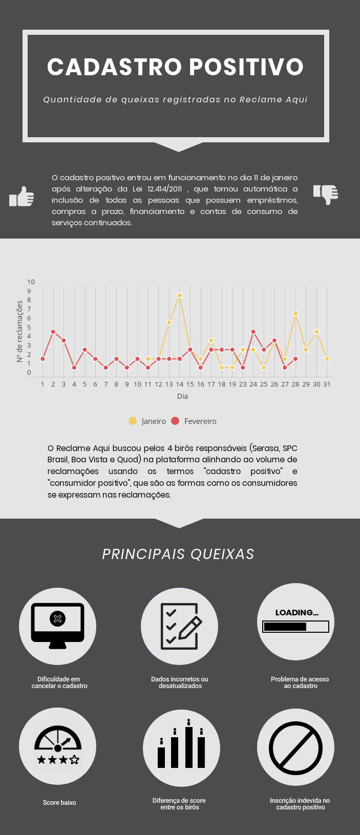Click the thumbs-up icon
(x=22, y=197)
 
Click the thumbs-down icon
(x=326, y=194)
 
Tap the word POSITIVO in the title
(x=246, y=67)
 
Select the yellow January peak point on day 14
(x=179, y=295)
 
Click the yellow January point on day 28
(x=295, y=313)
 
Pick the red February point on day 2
(x=53, y=332)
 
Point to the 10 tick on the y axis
(x=31, y=282)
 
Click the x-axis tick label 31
(x=327, y=384)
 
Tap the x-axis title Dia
(x=182, y=396)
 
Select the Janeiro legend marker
(x=133, y=421)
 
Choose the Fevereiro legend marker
(x=175, y=421)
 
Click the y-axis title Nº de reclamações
(x=20, y=331)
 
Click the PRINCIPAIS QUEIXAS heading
(x=178, y=554)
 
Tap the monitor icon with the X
(x=57, y=626)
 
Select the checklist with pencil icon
(x=180, y=626)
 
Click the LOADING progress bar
(x=295, y=627)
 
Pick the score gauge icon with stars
(x=58, y=746)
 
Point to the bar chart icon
(x=181, y=747)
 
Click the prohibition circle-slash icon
(x=295, y=747)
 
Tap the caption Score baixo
(x=59, y=803)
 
